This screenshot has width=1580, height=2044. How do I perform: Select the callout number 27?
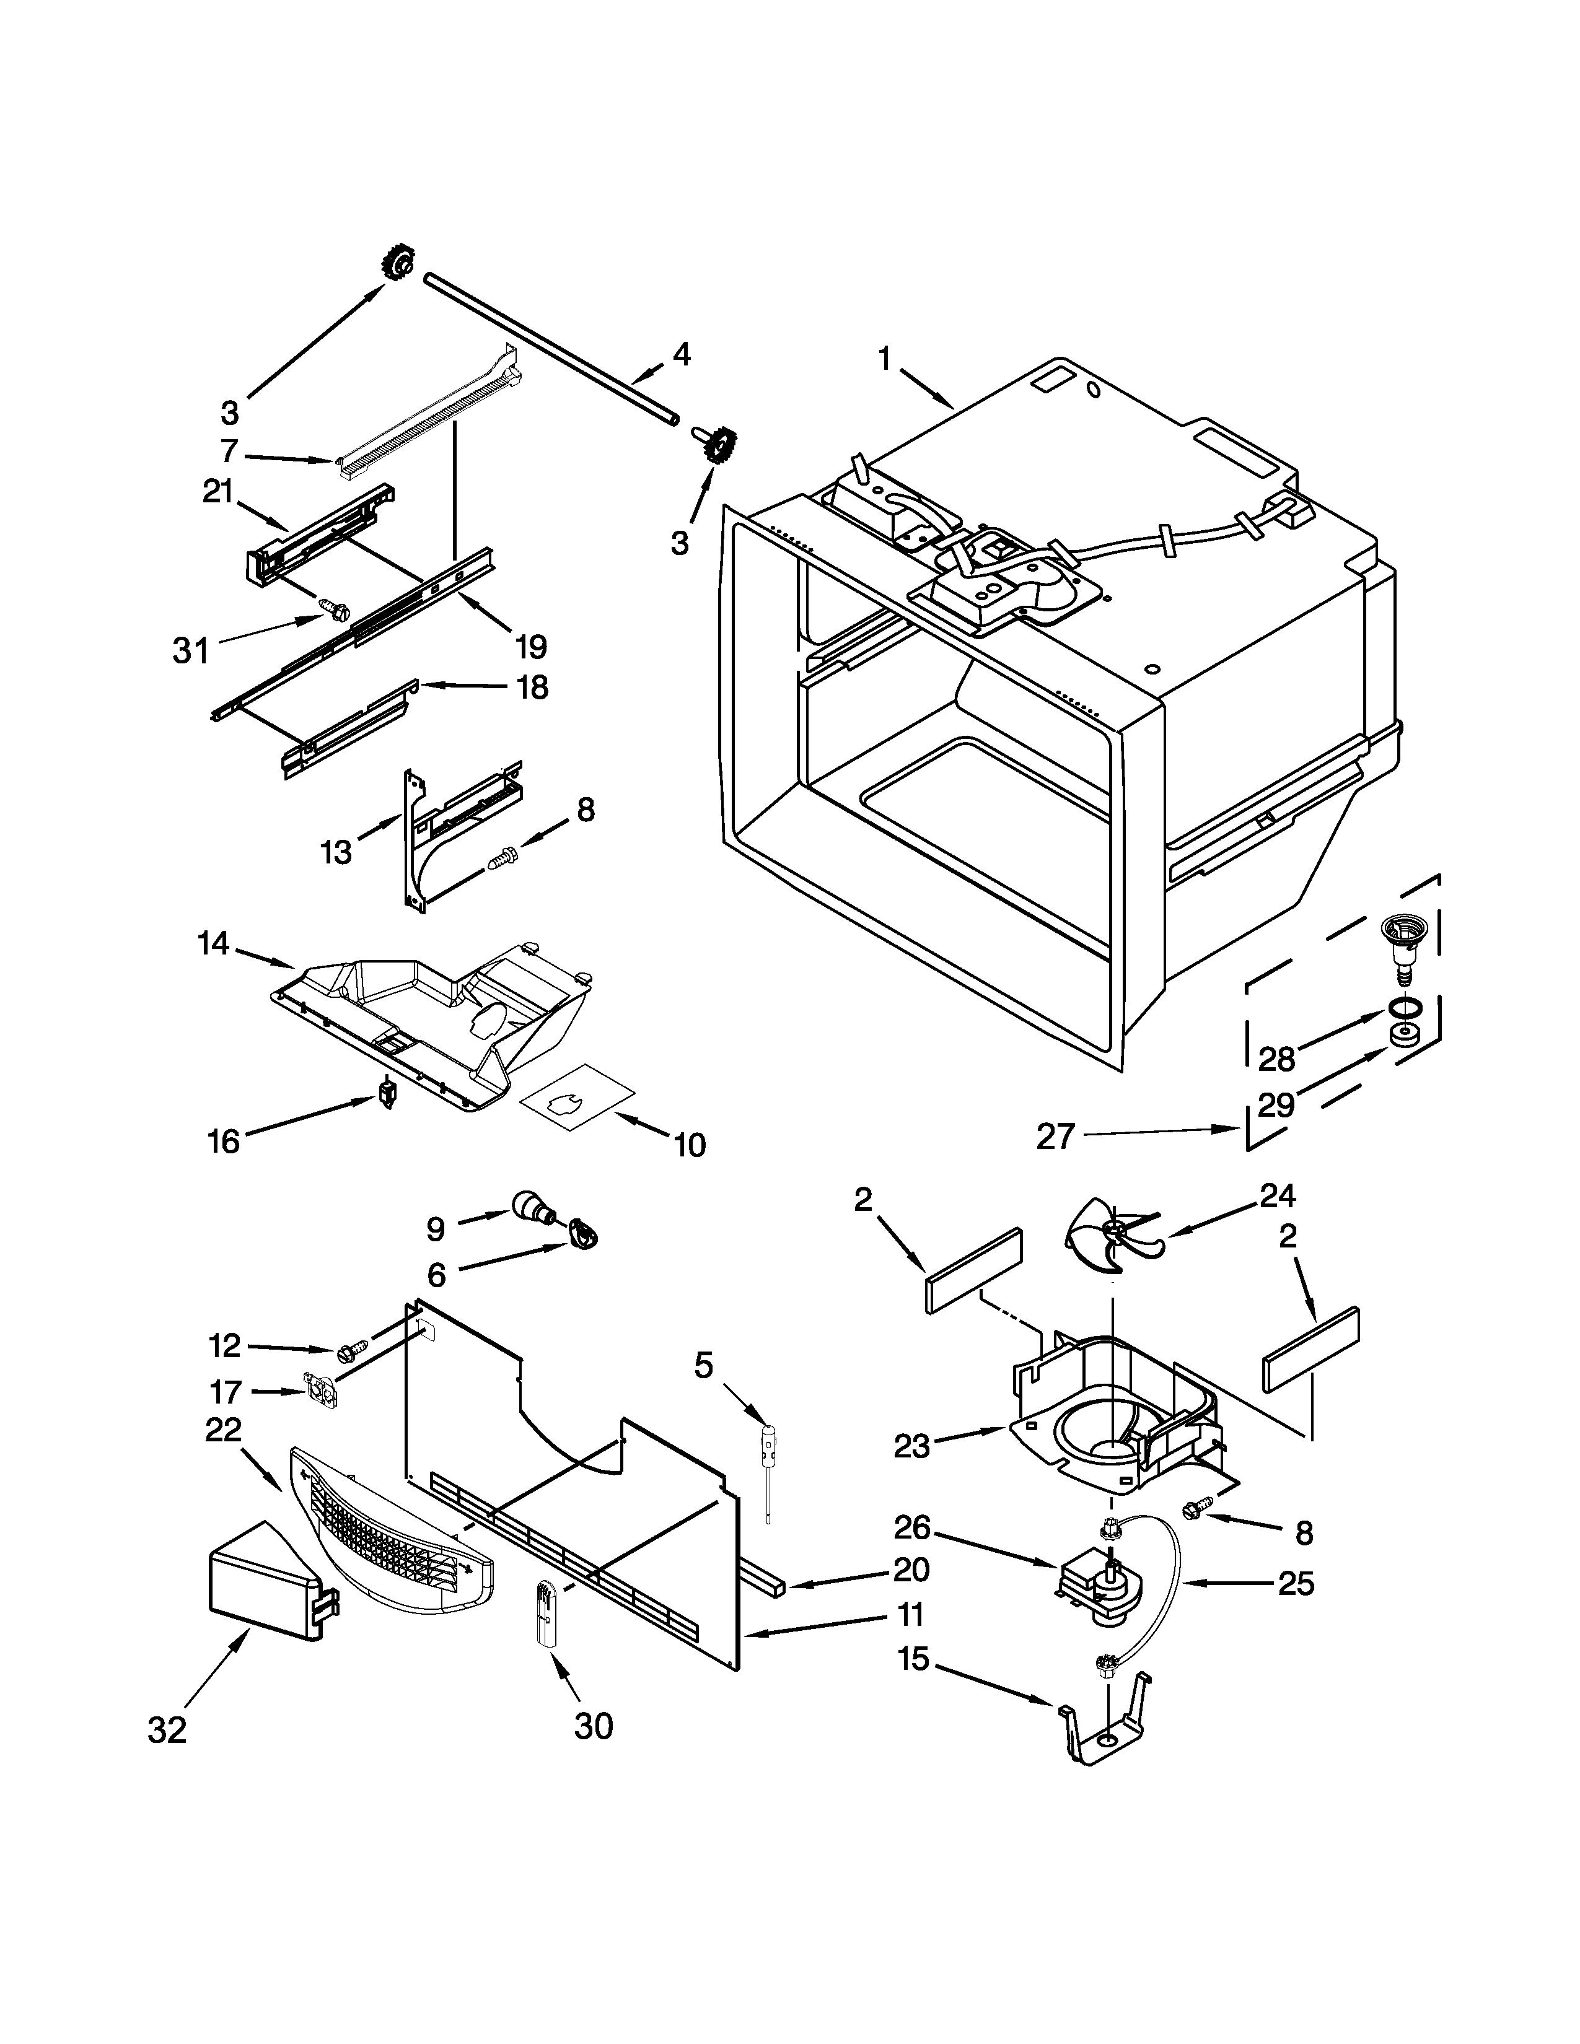(x=1056, y=1136)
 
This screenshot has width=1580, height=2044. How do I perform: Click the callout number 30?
(x=594, y=1727)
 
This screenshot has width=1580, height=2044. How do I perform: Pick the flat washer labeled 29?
(x=1400, y=1035)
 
